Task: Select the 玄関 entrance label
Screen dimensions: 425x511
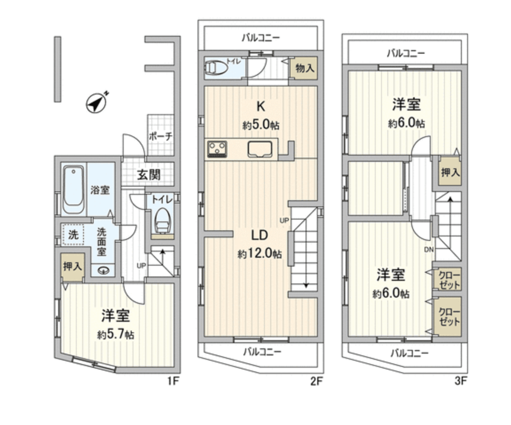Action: coord(148,175)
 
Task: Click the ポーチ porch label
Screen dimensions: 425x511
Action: coord(160,137)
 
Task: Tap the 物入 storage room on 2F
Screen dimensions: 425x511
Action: coord(304,69)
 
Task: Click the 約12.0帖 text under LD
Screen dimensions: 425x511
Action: coord(259,254)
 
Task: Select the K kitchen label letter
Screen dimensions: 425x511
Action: coord(260,107)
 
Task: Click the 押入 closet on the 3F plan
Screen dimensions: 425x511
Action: coord(449,173)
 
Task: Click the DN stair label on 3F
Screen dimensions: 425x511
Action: coord(428,249)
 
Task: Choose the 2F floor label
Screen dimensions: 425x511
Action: coord(316,380)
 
